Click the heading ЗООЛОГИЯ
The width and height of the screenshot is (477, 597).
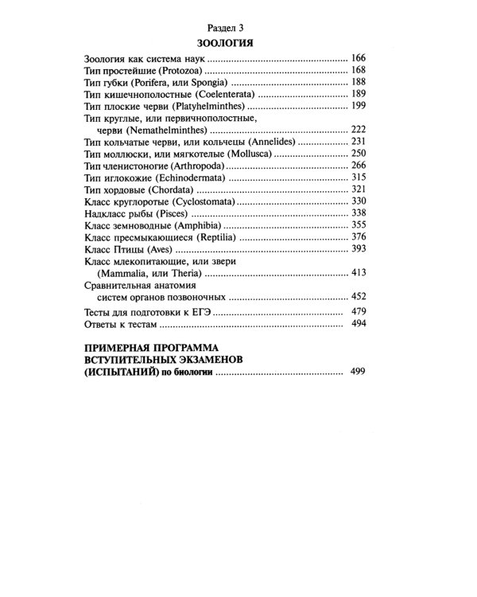(230, 42)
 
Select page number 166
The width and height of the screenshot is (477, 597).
(358, 60)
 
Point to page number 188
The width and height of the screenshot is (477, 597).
(358, 83)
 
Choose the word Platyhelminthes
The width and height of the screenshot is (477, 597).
(216, 106)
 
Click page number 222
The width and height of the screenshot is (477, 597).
(358, 129)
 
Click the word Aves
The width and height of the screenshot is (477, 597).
(167, 249)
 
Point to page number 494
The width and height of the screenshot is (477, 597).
(358, 325)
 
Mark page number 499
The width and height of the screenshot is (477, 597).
(358, 372)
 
